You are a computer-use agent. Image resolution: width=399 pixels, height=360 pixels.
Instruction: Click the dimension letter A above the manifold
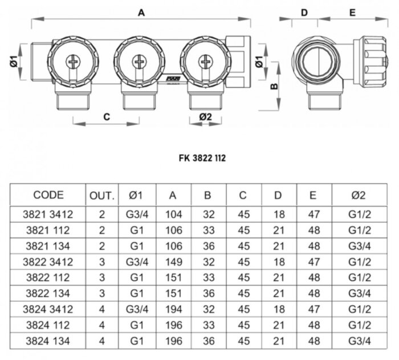141,12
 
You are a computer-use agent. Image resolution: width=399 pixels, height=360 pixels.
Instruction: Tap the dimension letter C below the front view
106,116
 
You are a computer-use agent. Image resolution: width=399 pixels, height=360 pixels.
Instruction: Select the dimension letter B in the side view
273,87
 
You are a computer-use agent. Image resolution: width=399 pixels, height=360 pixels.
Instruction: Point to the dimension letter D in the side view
304,12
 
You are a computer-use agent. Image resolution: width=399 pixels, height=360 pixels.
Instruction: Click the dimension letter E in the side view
352,12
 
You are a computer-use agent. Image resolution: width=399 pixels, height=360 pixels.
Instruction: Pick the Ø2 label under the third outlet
206,116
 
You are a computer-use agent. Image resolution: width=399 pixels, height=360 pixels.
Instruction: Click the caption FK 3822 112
199,158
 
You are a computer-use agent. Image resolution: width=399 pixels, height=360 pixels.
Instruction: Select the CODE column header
48,195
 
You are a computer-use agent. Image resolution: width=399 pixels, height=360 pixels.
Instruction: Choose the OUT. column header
102,195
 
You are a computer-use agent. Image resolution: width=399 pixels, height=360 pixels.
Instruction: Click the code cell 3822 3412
48,262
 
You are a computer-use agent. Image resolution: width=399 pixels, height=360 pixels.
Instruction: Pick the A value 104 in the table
173,215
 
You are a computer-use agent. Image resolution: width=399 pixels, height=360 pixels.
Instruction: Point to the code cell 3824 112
48,326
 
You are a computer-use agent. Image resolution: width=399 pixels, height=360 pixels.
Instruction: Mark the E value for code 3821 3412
313,215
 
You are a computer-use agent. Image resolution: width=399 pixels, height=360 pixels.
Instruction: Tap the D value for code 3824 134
278,342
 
